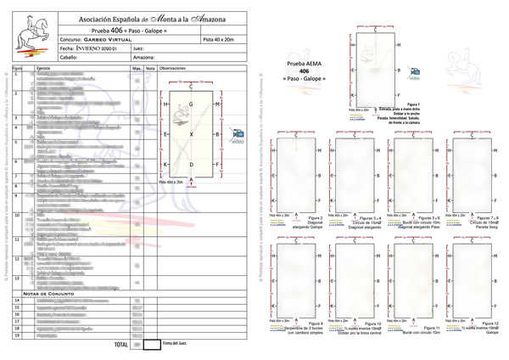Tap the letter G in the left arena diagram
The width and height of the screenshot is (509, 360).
pyautogui.click(x=191, y=104)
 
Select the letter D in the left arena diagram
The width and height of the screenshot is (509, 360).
pyautogui.click(x=191, y=164)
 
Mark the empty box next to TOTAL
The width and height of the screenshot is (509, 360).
pyautogui.click(x=151, y=345)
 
